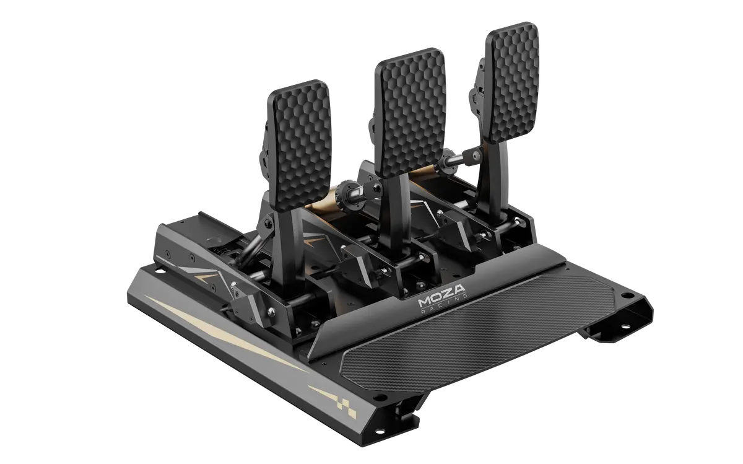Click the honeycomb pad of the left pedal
click(300, 146)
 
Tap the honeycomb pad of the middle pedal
click(410, 112)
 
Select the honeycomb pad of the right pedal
click(512, 82)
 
